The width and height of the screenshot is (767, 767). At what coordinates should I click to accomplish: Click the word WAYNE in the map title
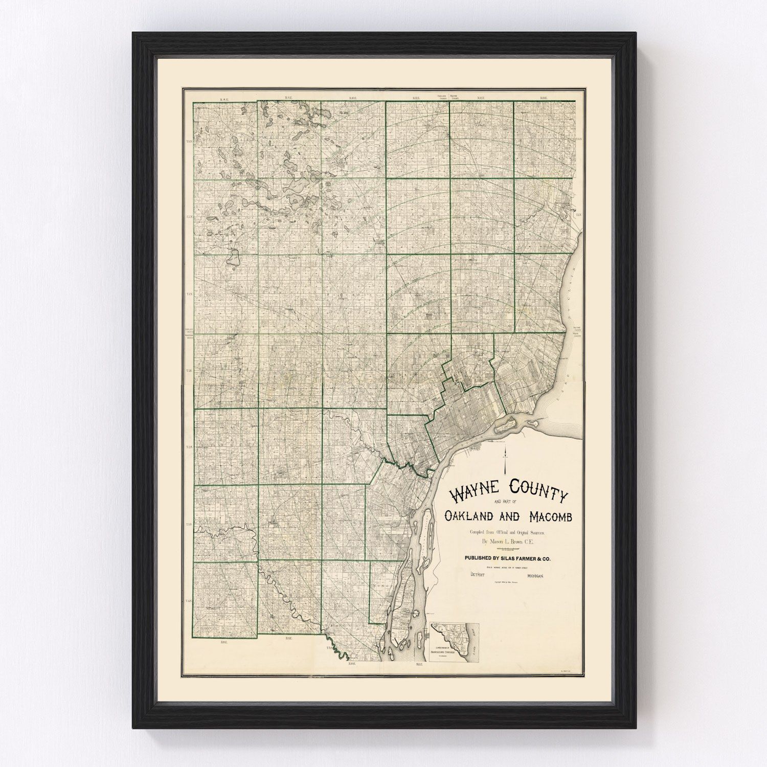coord(474,494)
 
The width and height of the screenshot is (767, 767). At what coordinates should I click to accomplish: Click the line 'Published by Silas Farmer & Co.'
coord(507,559)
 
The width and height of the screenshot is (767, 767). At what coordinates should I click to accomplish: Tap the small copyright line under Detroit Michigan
coord(506,583)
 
